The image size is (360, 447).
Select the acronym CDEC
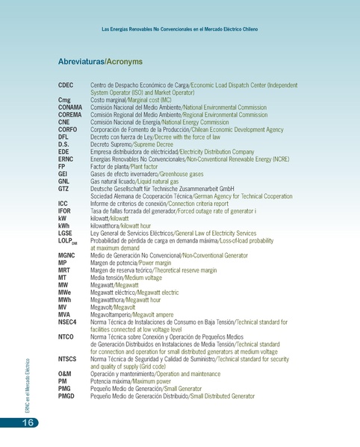pos(66,86)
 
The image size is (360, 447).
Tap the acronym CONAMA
pos(70,107)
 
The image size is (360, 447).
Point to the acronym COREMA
pos(70,114)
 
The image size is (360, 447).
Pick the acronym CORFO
pos(67,128)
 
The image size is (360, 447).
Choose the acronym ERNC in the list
pos(66,159)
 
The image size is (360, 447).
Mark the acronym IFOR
pos(65,211)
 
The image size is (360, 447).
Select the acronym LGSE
pos(66,233)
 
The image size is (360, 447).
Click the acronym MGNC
pos(66,255)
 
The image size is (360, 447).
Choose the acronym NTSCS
pos(67,359)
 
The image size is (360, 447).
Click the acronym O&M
pos(65,373)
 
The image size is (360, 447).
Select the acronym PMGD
pos(66,396)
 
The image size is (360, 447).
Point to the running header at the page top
pos(179,29)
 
